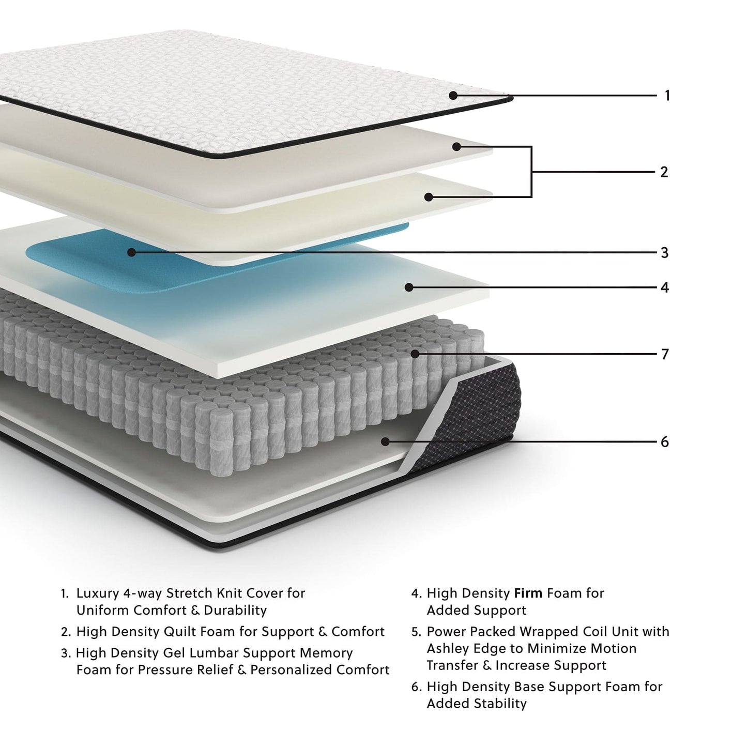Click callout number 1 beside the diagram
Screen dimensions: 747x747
tap(667, 96)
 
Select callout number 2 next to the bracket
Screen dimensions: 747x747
tap(664, 172)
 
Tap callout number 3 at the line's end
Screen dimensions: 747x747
tap(665, 253)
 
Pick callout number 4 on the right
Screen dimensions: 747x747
tap(665, 287)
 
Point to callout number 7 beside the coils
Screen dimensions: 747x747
tap(665, 355)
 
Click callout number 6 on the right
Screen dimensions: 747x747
tap(665, 442)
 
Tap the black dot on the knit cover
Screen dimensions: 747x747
tap(453, 95)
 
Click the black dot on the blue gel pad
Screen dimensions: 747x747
tap(131, 252)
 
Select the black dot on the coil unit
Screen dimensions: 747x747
tap(415, 354)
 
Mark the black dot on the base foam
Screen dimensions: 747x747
tap(385, 441)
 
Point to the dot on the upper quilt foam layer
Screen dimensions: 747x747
tap(456, 147)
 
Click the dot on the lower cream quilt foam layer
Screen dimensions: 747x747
tap(429, 197)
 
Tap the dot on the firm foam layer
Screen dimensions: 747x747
tap(409, 287)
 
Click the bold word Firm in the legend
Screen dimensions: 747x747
tap(528, 593)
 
